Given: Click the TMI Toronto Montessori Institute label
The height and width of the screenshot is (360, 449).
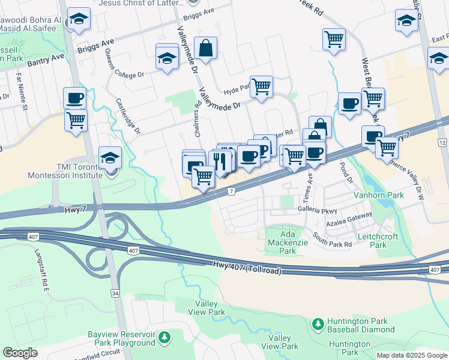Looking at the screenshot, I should (71, 171).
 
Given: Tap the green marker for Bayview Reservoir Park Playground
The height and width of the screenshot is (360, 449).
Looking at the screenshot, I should (163, 338).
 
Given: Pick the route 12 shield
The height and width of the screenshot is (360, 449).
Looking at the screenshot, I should (442, 142).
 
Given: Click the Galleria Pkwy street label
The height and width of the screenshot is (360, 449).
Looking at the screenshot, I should (318, 210).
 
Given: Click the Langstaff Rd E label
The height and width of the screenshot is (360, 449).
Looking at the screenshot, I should (41, 271).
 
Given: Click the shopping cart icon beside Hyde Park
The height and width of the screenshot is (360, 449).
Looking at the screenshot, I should (261, 87).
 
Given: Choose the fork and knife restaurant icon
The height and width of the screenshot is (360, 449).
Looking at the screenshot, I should (221, 160).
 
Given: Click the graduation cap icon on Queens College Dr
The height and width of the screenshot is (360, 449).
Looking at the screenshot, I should (167, 58).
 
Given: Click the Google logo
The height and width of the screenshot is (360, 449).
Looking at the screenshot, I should (20, 353).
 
